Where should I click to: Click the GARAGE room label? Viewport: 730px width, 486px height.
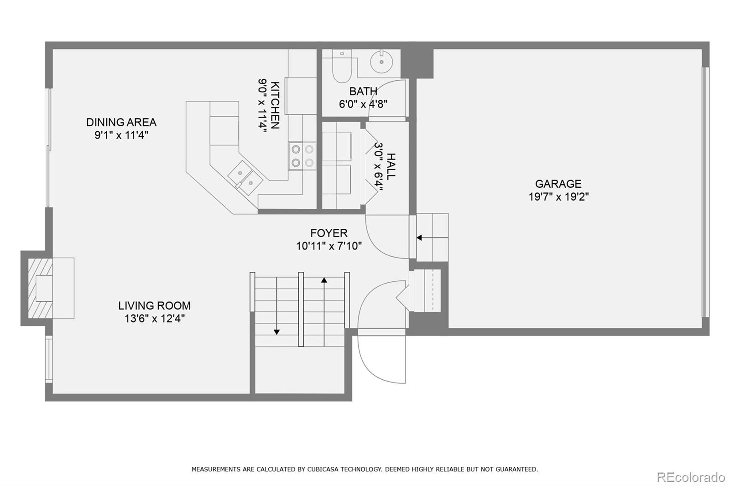click(x=558, y=184)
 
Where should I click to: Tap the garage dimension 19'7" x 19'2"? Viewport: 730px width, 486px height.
click(x=558, y=197)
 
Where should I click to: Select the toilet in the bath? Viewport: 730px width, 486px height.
click(x=342, y=67)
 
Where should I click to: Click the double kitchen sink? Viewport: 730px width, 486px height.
click(x=245, y=177)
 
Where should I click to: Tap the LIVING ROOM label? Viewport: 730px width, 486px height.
click(x=154, y=305)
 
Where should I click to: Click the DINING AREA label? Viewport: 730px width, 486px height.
click(x=121, y=122)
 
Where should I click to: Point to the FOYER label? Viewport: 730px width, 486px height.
click(x=328, y=233)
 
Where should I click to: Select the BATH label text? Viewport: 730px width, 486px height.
click(x=363, y=91)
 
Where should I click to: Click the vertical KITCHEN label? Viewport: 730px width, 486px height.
click(x=275, y=105)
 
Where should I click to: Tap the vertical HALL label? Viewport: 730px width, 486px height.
click(x=391, y=166)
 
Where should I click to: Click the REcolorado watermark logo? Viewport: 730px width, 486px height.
click(x=690, y=477)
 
